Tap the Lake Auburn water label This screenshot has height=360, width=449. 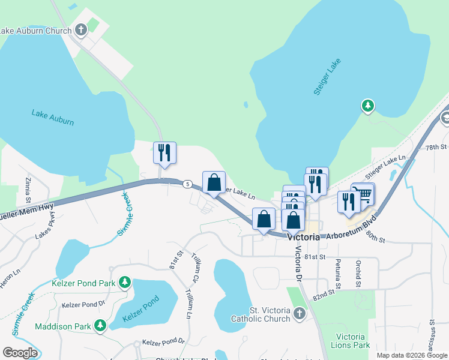[x=53, y=118]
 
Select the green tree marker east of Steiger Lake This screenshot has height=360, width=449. [x=367, y=106]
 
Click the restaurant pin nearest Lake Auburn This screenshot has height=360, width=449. [x=164, y=153]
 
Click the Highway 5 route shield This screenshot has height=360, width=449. [x=188, y=184]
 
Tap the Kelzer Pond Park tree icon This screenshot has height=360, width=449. [x=125, y=281]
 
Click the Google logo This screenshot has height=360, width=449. [x=20, y=353]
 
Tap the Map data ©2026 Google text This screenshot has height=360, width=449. [x=412, y=355]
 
